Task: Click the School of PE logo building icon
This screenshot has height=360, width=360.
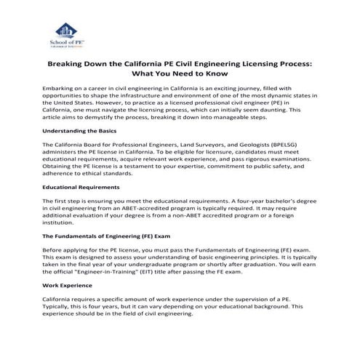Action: (66, 33)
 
